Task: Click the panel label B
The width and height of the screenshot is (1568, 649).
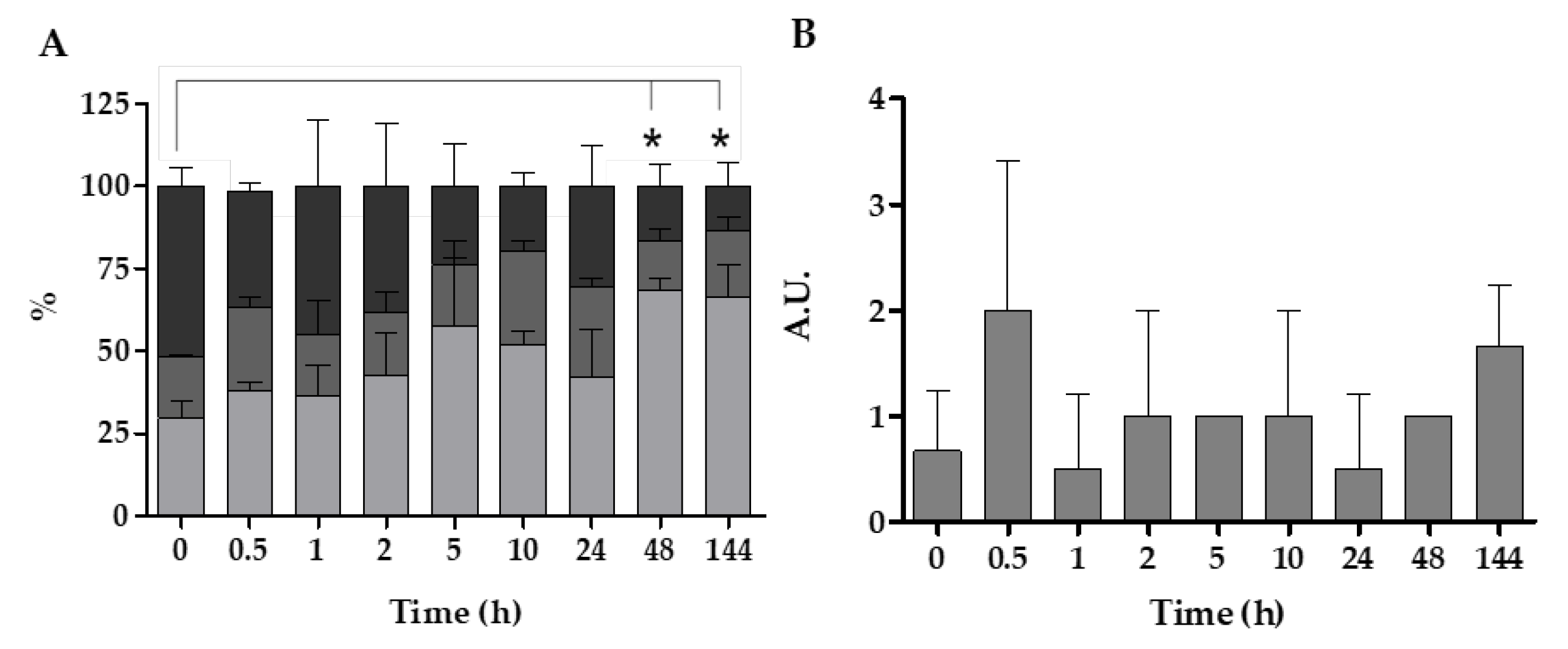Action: click(804, 34)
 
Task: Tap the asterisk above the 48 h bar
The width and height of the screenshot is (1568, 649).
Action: click(652, 140)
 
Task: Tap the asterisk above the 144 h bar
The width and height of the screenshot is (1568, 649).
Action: click(720, 140)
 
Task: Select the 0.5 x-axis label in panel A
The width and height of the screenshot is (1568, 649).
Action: click(248, 551)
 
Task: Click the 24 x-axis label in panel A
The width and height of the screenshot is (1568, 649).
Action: click(591, 551)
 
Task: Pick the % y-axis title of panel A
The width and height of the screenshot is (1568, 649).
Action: click(44, 303)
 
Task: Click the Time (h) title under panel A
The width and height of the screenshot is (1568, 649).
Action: click(456, 612)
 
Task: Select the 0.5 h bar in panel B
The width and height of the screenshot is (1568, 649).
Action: click(1007, 415)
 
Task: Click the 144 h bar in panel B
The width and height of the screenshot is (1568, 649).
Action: click(1499, 433)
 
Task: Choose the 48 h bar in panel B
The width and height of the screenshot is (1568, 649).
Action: click(1428, 468)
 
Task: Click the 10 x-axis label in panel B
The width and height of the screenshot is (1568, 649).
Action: click(1289, 557)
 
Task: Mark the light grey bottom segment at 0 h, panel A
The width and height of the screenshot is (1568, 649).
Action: click(181, 467)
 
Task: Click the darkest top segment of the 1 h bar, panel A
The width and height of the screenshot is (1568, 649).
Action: click(317, 259)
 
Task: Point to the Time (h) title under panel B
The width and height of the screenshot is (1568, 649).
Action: click(1217, 613)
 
